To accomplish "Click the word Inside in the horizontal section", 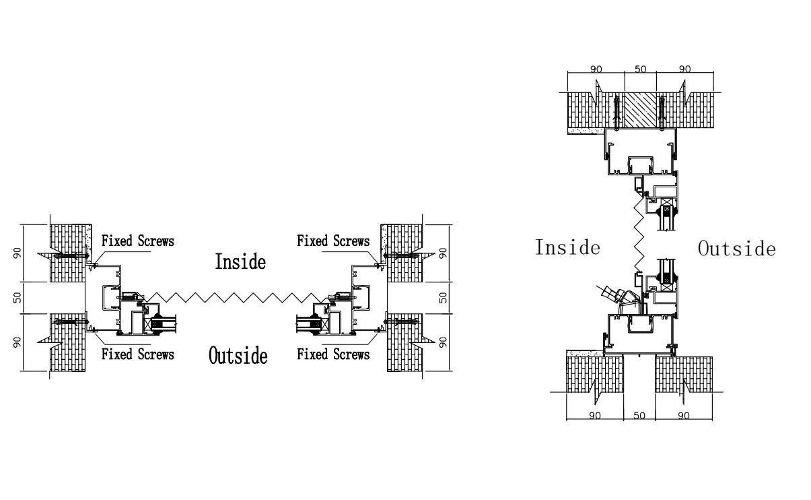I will coord(240,261).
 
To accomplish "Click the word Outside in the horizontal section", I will coord(238,354).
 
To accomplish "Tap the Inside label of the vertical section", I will coord(567,247).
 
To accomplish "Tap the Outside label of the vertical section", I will coord(736,249).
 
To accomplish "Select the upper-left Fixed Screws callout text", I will coord(137,241).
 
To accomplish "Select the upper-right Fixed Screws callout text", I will coord(333,241).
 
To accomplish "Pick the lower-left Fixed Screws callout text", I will coord(137,354).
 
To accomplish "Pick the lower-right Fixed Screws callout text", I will coord(333,354).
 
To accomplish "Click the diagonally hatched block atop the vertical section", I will coord(639,110).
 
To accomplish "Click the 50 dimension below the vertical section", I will coord(639,415).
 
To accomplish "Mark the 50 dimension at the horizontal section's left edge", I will coord(18,297).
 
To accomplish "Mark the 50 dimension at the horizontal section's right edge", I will coord(444,297).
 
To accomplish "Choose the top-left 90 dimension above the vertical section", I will coord(595,69).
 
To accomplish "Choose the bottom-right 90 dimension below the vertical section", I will coord(684,415).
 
